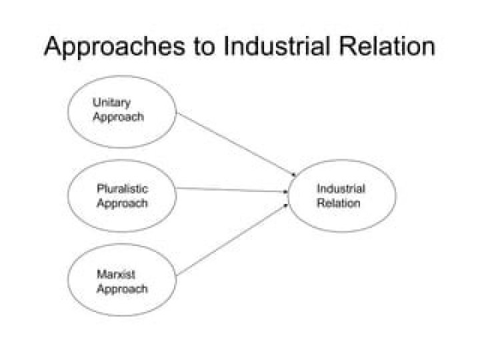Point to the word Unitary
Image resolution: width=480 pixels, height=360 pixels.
tap(111, 103)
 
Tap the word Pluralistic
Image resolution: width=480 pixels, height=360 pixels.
tap(122, 189)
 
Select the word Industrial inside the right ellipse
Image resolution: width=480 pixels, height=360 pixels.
tap(340, 189)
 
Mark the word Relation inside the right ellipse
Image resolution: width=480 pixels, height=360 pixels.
tap(338, 203)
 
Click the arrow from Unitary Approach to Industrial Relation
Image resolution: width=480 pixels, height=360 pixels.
tap(237, 146)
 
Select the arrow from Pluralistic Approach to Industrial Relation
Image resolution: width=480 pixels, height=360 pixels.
tap(233, 190)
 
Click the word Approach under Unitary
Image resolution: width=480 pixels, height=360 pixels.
tap(118, 117)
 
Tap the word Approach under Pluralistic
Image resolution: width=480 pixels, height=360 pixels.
tap(122, 203)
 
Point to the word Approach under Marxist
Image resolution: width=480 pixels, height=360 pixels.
tap(122, 289)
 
